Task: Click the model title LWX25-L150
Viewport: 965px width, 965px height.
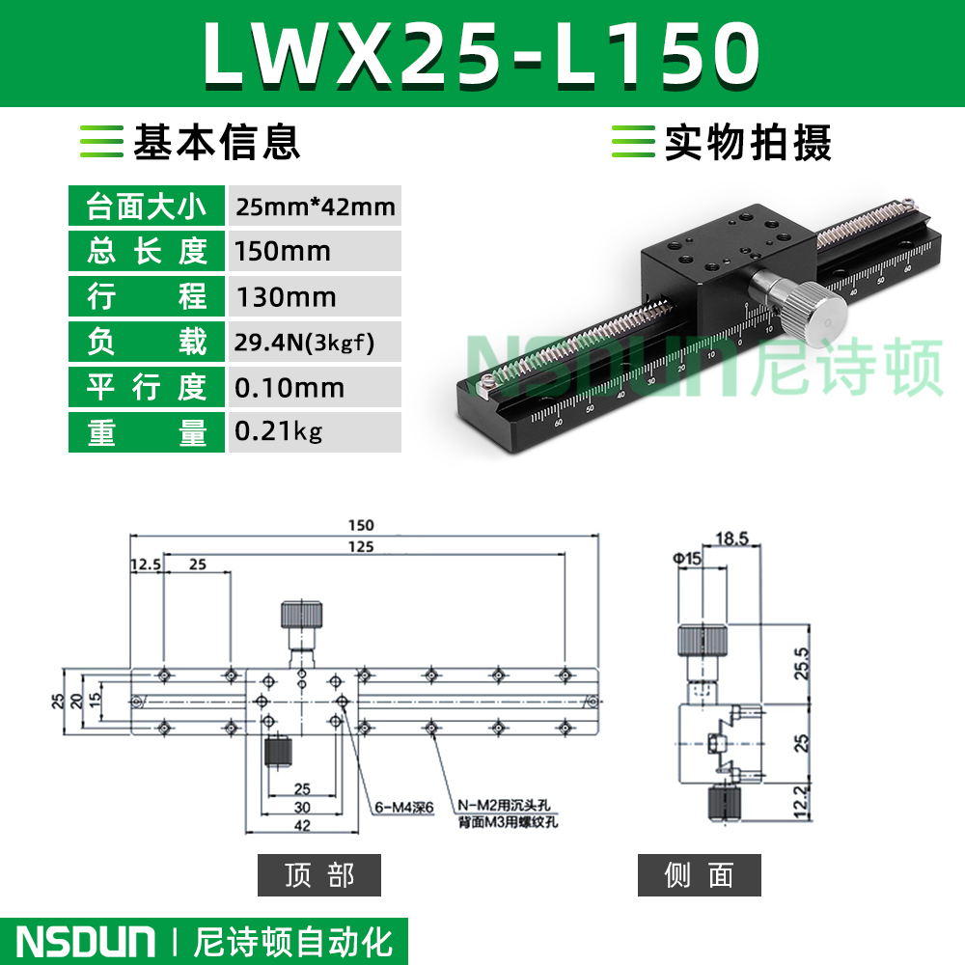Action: (482, 54)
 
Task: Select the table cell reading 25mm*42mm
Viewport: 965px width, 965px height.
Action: (316, 207)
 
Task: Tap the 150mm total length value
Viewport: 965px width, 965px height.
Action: (316, 251)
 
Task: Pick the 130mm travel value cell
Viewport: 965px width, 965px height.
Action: (316, 296)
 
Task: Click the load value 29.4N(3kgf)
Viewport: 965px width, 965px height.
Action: (316, 343)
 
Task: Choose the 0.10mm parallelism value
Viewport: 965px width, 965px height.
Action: (316, 388)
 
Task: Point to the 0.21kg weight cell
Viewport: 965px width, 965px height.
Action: (316, 432)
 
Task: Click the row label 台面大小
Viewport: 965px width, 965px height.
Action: (147, 207)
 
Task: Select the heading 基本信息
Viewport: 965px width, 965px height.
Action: (216, 142)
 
